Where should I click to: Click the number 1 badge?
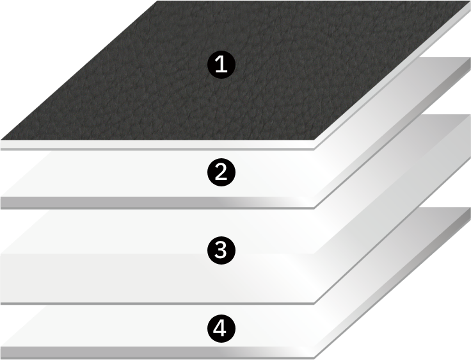(x=221, y=65)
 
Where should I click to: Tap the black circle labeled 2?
(x=221, y=172)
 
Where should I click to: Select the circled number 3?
(x=221, y=250)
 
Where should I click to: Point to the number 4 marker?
(x=221, y=329)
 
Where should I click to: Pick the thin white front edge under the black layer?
(x=157, y=145)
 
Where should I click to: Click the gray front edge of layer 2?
(x=157, y=202)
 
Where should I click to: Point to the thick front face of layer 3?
(x=157, y=279)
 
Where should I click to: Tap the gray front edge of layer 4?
(x=157, y=352)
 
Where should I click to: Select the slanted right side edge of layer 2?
(x=392, y=133)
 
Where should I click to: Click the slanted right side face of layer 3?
(x=392, y=209)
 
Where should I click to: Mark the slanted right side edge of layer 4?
(x=392, y=283)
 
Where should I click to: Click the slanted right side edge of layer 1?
(x=392, y=75)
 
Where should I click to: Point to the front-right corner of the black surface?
(x=314, y=140)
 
